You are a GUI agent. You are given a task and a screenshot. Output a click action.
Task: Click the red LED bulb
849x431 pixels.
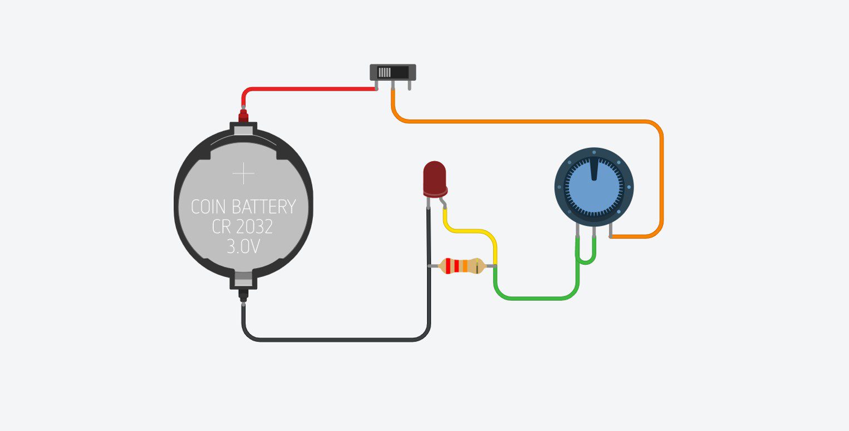(434, 178)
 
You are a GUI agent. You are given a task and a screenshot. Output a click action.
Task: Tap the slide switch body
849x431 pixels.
(393, 72)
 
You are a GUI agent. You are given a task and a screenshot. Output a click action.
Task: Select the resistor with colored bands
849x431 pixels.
(461, 266)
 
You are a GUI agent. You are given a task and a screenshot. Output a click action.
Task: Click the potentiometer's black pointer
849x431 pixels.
(594, 169)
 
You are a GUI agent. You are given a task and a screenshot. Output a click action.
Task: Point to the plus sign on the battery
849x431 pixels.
(243, 174)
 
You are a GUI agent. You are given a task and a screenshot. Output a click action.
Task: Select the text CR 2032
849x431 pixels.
(243, 227)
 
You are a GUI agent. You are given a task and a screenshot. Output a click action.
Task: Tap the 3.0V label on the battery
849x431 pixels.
(243, 246)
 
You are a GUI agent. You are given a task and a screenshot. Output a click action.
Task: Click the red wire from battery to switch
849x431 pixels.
(306, 88)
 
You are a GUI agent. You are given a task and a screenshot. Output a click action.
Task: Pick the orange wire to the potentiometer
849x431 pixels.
(529, 121)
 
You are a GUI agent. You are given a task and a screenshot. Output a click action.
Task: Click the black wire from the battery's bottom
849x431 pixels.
(334, 339)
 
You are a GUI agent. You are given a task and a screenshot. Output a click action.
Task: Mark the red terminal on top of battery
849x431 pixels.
(243, 116)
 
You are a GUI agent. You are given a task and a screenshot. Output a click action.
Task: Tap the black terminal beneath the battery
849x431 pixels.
(243, 295)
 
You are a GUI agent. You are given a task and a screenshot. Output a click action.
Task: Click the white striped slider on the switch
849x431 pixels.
(385, 72)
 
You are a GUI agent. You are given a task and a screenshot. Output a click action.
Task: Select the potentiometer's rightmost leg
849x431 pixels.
(611, 231)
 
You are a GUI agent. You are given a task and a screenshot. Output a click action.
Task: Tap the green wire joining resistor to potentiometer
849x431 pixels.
(534, 299)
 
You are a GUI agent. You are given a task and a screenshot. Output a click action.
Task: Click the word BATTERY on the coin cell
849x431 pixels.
(263, 207)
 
